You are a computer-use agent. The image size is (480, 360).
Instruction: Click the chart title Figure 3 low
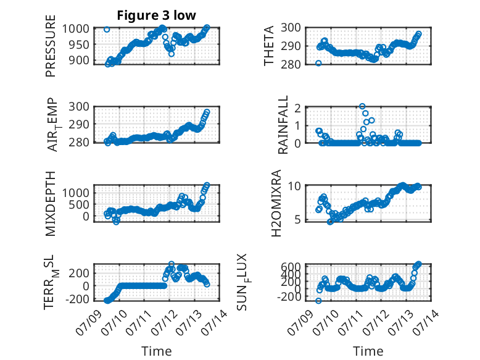click(x=156, y=15)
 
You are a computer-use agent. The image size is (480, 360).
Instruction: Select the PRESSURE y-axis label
click(x=51, y=46)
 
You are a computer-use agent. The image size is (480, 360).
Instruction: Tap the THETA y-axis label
click(x=268, y=46)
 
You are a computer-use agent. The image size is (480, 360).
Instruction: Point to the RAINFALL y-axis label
click(x=283, y=124)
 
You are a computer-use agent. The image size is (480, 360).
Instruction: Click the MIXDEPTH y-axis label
click(x=51, y=203)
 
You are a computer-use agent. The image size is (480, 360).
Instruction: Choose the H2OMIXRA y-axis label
click(x=276, y=203)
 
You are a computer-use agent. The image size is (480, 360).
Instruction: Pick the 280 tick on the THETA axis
click(x=291, y=64)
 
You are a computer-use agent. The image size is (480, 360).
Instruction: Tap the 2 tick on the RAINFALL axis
click(x=297, y=107)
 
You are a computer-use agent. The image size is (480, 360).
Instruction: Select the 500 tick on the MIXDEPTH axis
click(x=79, y=204)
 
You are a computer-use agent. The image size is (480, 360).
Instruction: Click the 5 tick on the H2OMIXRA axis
click(x=298, y=220)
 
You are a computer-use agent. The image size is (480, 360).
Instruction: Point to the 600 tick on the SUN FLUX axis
click(x=291, y=267)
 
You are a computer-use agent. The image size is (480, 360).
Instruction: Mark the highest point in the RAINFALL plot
click(x=362, y=106)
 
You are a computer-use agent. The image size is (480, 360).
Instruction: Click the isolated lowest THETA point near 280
click(x=318, y=63)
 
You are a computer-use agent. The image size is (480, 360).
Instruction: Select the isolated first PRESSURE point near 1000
click(x=107, y=30)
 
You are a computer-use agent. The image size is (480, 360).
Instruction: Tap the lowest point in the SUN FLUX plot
click(x=318, y=301)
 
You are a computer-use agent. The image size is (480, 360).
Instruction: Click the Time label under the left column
click(x=157, y=351)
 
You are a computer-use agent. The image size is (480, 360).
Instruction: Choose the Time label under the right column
click(x=368, y=351)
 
